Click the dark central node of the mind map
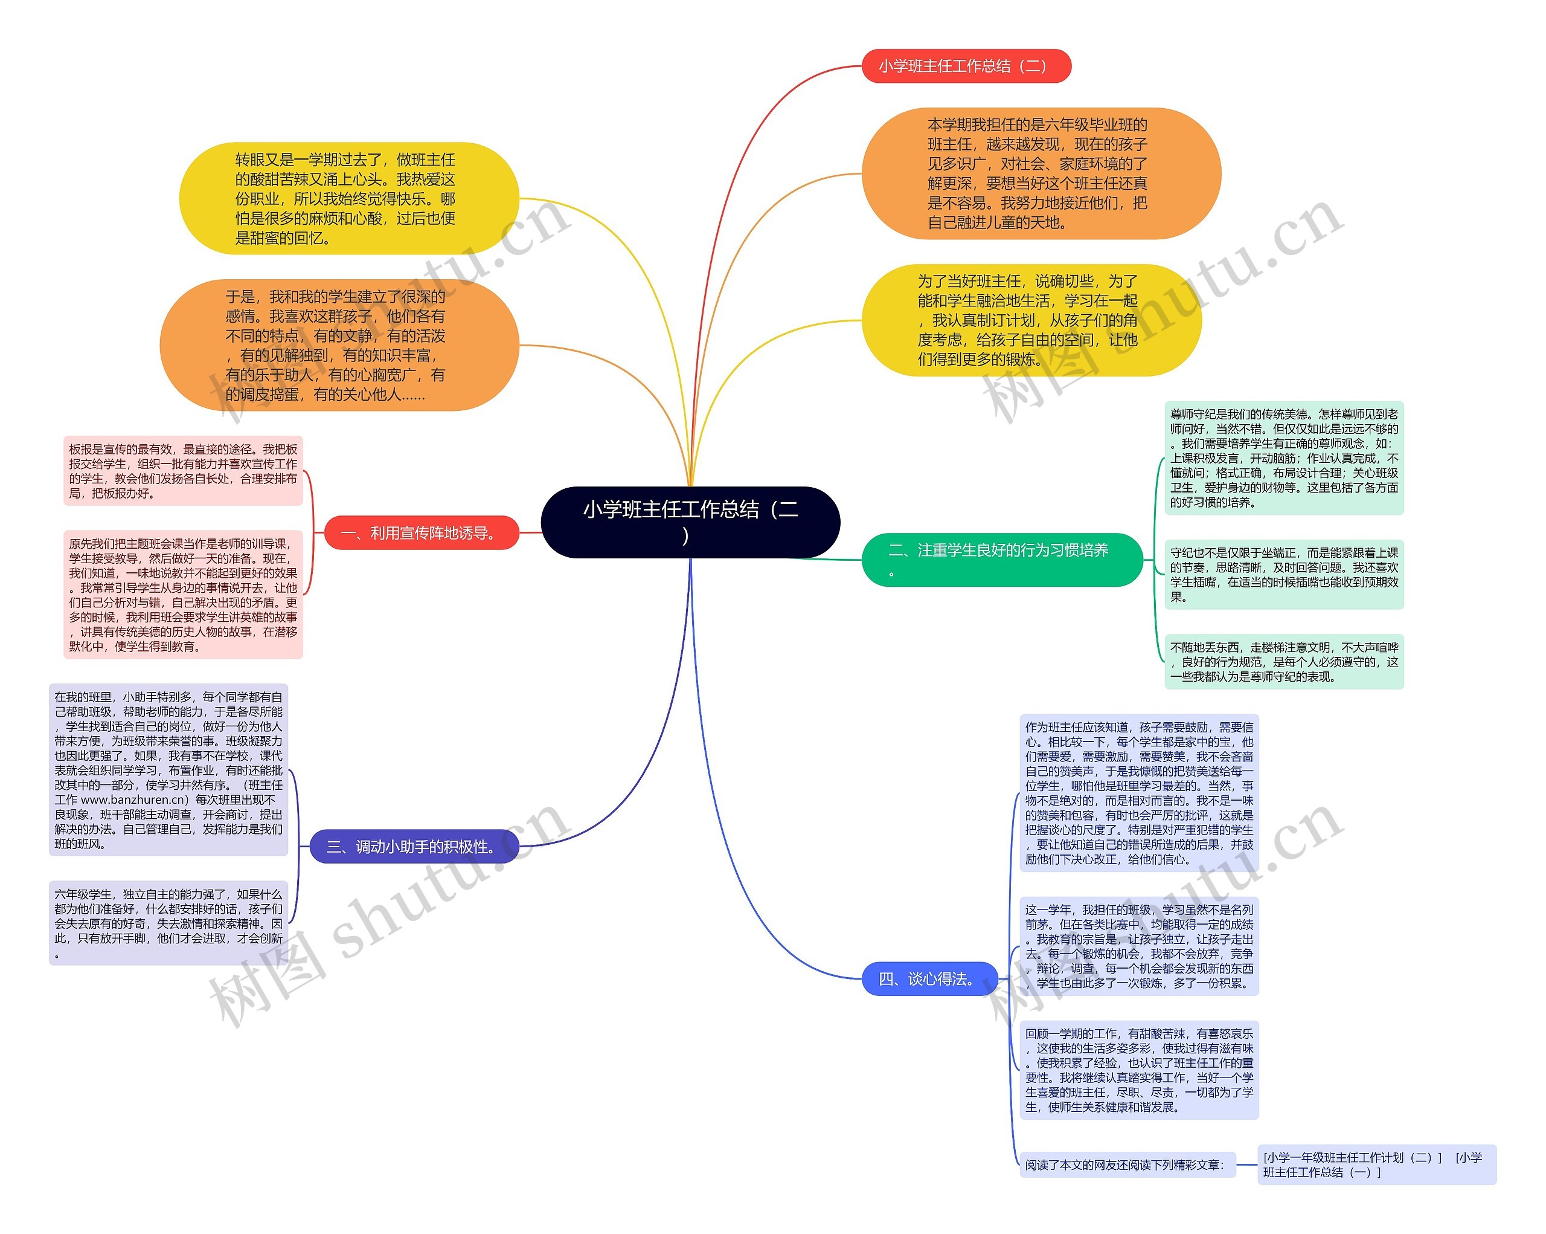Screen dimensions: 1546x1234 (690, 522)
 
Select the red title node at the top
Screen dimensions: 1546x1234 (965, 66)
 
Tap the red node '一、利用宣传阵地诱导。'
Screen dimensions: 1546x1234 (421, 533)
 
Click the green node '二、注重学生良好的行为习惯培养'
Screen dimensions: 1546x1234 (1001, 560)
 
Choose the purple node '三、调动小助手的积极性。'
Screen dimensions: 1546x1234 (414, 847)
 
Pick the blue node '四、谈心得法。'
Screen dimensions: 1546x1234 (929, 978)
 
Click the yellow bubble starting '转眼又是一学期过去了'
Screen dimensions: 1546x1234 (348, 199)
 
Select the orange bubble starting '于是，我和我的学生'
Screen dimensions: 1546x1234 (338, 345)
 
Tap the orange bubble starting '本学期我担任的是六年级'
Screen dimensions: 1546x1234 (1041, 173)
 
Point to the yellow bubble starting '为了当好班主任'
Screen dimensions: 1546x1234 (1030, 320)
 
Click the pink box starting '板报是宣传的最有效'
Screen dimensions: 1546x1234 (183, 471)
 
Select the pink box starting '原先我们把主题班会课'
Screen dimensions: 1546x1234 (183, 595)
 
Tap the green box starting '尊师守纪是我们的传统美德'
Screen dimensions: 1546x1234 (1283, 457)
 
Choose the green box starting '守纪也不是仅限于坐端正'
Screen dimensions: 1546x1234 (1283, 574)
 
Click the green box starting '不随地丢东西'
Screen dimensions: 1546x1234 (1283, 662)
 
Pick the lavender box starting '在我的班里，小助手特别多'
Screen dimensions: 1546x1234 (168, 770)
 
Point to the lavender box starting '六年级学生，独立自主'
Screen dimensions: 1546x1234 (168, 923)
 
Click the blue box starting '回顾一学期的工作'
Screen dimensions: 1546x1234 (1139, 1070)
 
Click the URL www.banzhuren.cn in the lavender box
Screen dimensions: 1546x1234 (134, 800)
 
